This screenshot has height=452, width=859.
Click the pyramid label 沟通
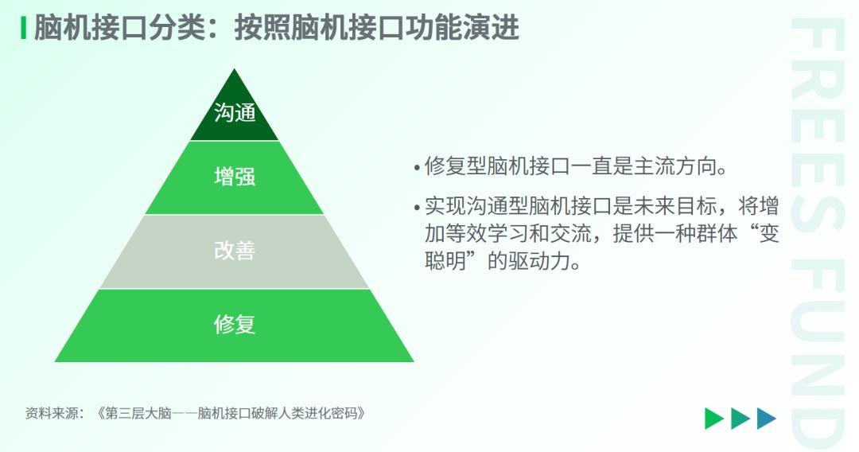coord(235,113)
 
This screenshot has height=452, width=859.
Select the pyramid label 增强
coord(235,177)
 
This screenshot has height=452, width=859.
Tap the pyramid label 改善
coord(235,251)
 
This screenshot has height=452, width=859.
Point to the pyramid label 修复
coord(235,324)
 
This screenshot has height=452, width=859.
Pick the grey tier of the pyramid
coord(235,251)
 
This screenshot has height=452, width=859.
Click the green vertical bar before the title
coord(23,28)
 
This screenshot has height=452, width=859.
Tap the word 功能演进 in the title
coord(461,28)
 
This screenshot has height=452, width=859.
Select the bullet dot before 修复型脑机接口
coord(418,166)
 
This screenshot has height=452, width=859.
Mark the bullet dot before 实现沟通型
coord(418,208)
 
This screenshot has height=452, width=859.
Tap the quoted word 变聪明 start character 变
coord(768,234)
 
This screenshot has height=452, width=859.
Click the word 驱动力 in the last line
coord(539,261)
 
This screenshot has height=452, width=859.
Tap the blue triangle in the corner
coord(767,419)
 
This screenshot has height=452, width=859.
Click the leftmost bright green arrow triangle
coord(714,419)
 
